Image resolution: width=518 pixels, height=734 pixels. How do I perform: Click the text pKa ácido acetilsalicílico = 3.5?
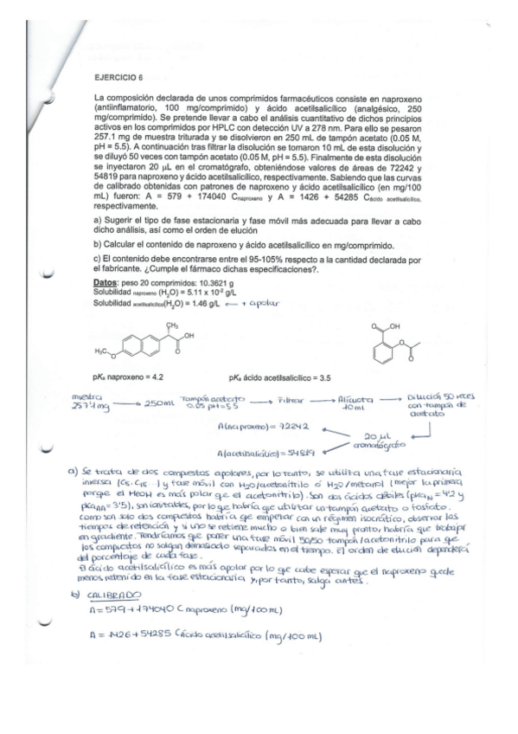point(328,377)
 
